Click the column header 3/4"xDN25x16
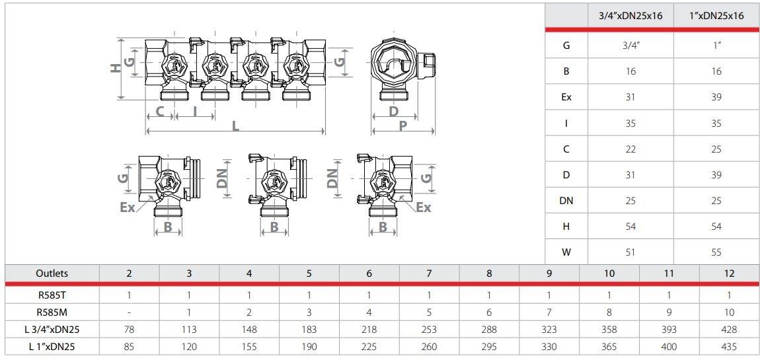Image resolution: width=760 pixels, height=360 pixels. click(630, 16)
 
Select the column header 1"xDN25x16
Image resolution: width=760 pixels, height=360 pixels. click(716, 16)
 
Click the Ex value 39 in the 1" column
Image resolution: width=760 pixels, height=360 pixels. click(716, 97)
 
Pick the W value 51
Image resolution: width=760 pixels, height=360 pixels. click(630, 252)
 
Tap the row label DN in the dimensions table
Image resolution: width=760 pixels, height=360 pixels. click(566, 201)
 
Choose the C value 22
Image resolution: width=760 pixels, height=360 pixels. click(630, 149)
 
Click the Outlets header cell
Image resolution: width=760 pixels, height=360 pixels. click(52, 273)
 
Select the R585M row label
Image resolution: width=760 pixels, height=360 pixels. click(52, 312)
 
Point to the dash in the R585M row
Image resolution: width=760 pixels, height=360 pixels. click(129, 312)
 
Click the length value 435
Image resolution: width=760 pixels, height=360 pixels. click(729, 347)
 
